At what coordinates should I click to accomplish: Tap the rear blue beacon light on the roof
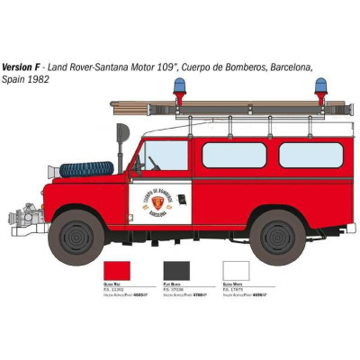coord(320,88)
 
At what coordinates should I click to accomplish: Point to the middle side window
coord(233,155)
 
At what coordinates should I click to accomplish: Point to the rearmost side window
coord(310,155)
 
